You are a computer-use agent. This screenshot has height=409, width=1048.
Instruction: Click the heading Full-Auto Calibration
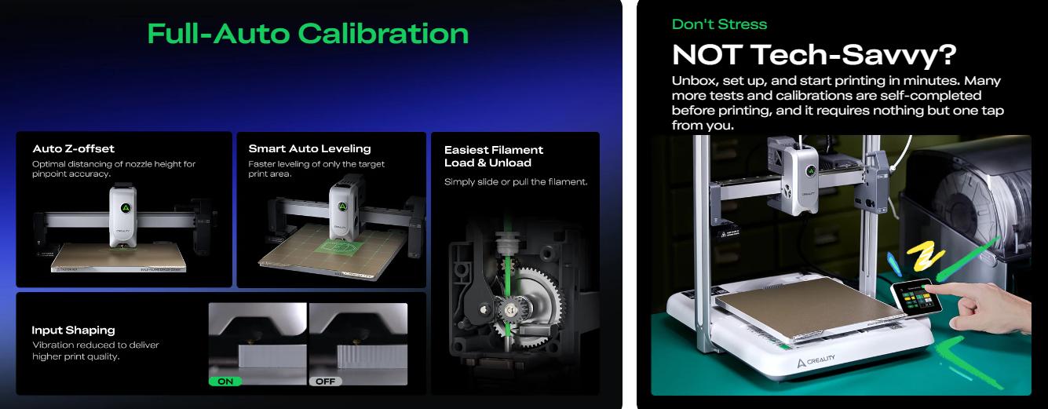308,34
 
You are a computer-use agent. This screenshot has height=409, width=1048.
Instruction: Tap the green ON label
225,382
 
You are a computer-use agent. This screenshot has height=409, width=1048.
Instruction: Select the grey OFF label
325,382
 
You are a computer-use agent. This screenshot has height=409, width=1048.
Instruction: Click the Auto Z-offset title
74,148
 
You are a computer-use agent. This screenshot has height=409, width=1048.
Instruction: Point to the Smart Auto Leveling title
309,148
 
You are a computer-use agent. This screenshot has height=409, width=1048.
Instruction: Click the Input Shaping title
73,330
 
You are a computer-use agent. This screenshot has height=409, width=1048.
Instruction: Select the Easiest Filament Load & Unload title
493,156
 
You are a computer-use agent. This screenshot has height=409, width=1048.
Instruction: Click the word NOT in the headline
707,55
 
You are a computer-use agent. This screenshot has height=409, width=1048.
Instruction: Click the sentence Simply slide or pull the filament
516,182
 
